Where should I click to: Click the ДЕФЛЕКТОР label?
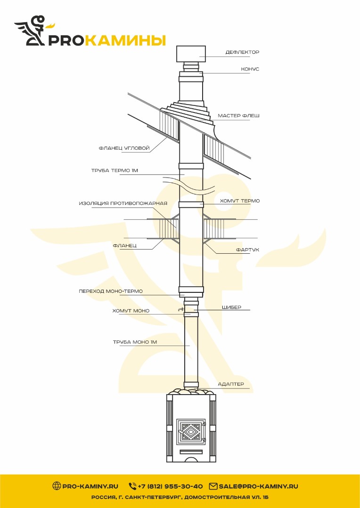click(242, 52)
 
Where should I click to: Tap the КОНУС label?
click(250, 69)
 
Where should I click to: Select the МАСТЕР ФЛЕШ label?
click(238, 116)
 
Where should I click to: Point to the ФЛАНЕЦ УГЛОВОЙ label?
click(124, 148)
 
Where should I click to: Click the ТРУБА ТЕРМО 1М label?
click(115, 170)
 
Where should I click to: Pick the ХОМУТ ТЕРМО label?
click(240, 201)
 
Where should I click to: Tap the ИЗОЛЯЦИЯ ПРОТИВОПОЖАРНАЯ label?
click(123, 203)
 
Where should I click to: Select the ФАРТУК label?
click(247, 250)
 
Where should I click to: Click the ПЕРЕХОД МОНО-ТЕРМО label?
click(111, 291)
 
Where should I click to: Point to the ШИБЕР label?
click(231, 307)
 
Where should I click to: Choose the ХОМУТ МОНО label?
click(131, 311)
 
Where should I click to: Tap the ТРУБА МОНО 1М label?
click(135, 342)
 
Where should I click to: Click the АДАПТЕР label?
click(230, 384)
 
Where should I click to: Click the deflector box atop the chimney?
click(191, 54)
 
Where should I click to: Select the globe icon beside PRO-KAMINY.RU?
click(57, 486)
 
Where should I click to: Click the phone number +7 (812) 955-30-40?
click(170, 486)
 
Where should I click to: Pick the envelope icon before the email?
click(213, 486)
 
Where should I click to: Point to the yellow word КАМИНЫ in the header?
click(127, 40)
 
